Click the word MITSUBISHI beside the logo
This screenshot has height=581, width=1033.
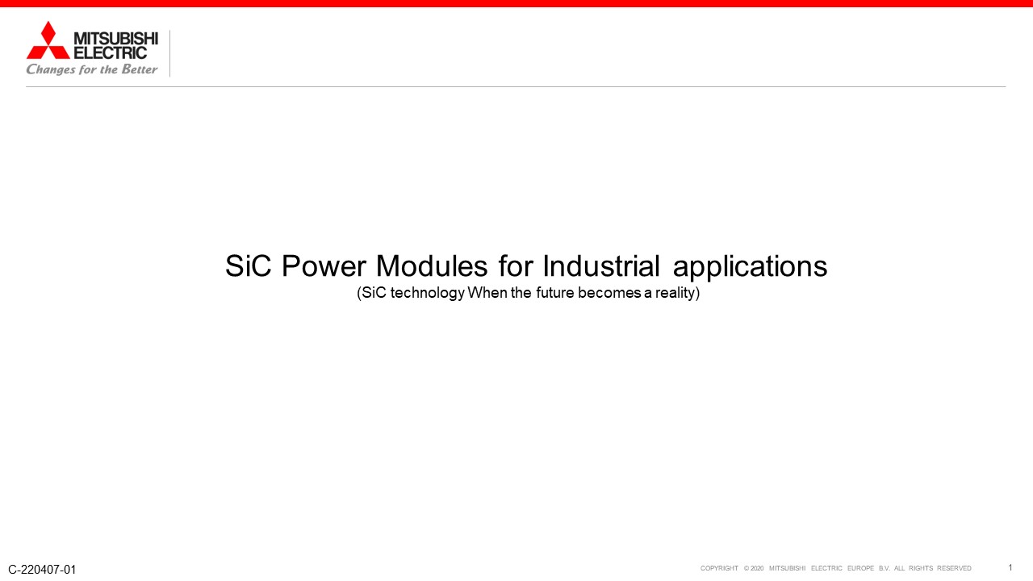coord(115,38)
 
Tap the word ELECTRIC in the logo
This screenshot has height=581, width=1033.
coord(111,52)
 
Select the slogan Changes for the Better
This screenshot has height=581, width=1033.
coord(92,69)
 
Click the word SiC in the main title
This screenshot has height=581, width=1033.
coord(248,266)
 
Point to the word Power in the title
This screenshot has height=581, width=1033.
coord(324,266)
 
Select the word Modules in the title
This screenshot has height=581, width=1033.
coord(432,266)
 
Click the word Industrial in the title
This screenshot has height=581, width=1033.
coord(601,266)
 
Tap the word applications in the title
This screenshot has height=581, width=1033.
coord(750,267)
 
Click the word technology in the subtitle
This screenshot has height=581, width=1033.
coord(428,293)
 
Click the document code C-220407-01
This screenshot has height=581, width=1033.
coord(42,570)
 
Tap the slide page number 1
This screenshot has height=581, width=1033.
coord(1010,567)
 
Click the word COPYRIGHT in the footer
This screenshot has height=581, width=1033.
coord(719,568)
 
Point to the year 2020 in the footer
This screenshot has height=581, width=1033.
coord(757,568)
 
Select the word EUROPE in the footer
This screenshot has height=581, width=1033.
coord(860,568)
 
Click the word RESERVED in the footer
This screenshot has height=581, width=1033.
coord(954,568)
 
